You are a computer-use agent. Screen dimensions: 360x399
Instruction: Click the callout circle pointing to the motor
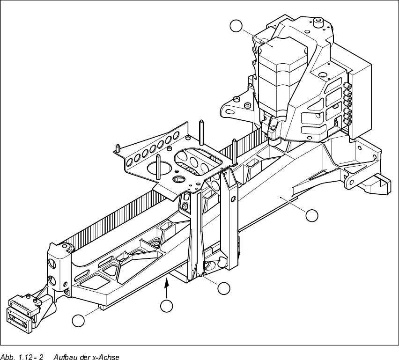click(237, 27)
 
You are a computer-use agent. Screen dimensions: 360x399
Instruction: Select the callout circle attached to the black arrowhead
click(166, 306)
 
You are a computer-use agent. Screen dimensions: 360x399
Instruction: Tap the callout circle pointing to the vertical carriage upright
click(224, 288)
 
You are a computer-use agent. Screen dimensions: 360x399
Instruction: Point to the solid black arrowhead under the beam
click(166, 281)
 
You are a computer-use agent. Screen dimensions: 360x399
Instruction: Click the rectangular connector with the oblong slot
click(19, 318)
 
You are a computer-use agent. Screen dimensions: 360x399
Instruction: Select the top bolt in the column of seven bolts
click(349, 87)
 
